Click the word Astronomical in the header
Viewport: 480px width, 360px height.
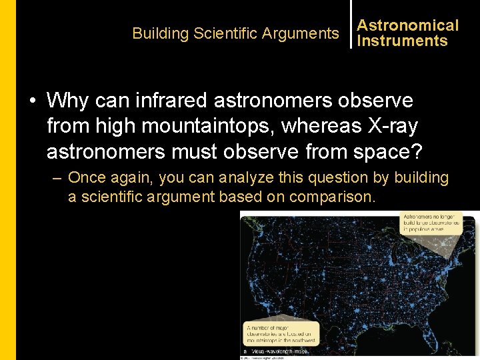[407, 25]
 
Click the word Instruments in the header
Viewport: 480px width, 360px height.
[402, 41]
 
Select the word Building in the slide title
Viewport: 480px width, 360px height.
[160, 33]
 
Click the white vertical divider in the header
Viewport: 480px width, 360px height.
[351, 24]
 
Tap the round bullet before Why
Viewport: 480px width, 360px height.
[32, 101]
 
